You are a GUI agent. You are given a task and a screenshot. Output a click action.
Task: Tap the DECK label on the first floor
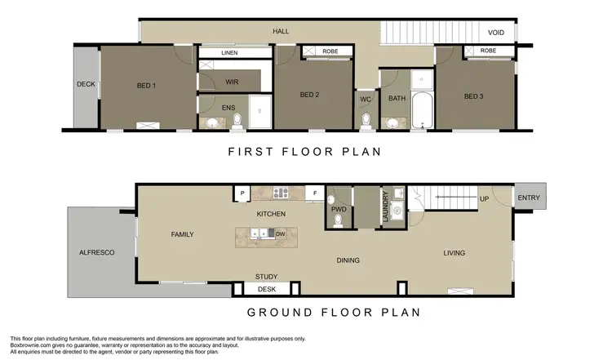pos(86,84)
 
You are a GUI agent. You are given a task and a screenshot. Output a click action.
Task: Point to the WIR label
pos(231,82)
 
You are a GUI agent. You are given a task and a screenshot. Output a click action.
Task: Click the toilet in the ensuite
pos(237,121)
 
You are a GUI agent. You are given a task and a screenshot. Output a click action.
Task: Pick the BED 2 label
pos(309,95)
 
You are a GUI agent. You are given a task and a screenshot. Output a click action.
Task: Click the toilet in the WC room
pos(366,122)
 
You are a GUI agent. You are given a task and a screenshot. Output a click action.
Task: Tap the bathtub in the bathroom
pos(422,112)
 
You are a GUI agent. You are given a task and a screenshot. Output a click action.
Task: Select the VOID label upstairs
pos(496,33)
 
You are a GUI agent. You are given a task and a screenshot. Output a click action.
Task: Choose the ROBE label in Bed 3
pos(488,51)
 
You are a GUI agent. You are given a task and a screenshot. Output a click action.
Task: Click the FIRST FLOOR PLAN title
pos(304,151)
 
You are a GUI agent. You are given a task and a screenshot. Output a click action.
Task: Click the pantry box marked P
pos(242,193)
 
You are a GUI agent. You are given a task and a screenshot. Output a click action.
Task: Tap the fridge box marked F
pos(315,193)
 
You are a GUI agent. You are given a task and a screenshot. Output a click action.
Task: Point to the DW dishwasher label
pos(280,234)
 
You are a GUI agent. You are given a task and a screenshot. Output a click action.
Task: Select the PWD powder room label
pos(339,209)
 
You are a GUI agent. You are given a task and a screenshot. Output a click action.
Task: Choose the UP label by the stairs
pos(484,199)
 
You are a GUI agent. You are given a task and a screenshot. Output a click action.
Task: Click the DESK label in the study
pos(266,289)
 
